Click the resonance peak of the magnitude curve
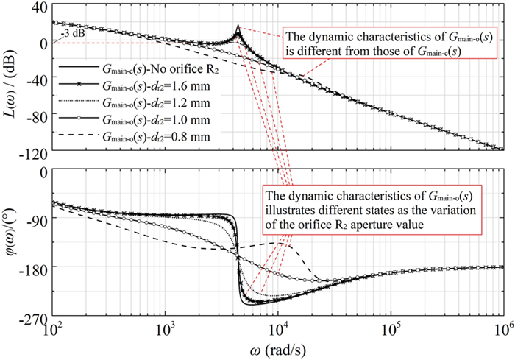coord(238,28)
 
